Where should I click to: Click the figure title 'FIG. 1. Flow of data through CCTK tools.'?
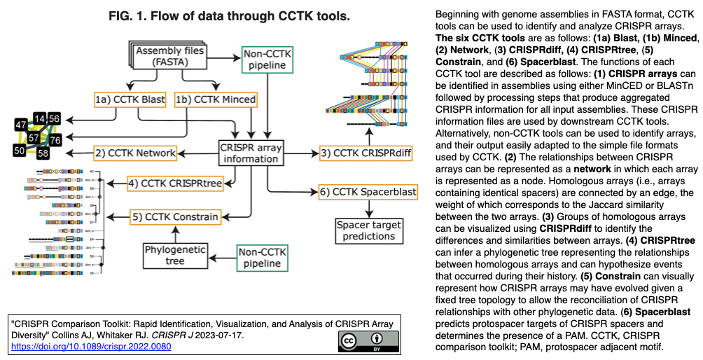[215, 16]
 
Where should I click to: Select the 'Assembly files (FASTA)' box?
[171, 57]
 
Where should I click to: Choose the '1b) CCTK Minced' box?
[215, 100]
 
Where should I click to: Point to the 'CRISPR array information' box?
[251, 152]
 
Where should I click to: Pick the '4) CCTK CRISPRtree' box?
[174, 184]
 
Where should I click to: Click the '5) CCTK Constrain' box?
[175, 217]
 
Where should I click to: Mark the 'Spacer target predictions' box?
[368, 230]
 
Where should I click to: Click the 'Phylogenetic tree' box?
[175, 255]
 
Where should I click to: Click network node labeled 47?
[22, 125]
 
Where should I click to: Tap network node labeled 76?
[55, 139]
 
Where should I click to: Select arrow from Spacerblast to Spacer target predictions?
[368, 208]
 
